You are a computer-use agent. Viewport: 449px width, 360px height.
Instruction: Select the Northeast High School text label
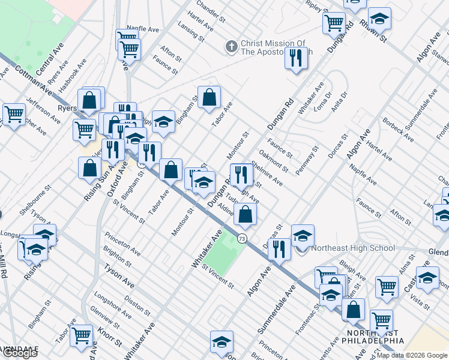click(354, 248)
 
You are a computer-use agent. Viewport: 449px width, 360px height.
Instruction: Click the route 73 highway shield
click(241, 238)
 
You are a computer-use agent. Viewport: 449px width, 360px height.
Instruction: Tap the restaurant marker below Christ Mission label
click(296, 59)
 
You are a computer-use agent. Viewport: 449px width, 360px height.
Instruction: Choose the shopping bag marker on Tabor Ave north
click(209, 97)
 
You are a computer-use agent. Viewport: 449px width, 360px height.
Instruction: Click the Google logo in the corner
click(19, 353)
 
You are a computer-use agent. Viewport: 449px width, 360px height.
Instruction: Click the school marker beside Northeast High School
click(303, 235)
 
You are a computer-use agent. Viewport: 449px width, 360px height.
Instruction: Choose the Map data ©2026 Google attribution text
click(411, 355)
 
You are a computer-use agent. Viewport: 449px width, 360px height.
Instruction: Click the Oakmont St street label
click(274, 162)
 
